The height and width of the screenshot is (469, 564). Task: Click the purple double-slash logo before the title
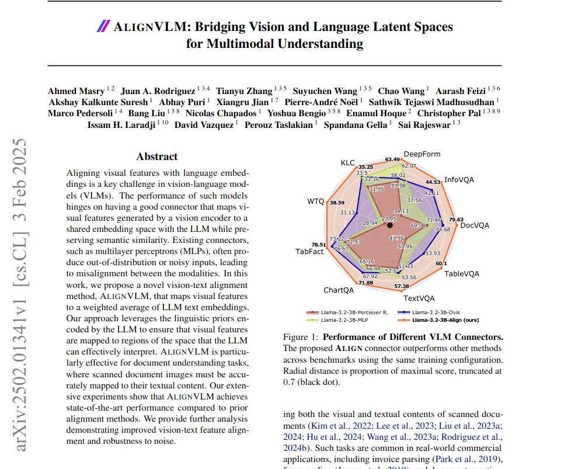click(x=103, y=26)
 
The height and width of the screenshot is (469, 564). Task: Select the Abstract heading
click(x=157, y=157)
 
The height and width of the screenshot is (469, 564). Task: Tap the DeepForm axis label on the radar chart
click(x=422, y=154)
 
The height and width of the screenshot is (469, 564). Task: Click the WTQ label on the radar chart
click(x=315, y=202)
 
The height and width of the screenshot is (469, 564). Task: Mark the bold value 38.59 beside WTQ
click(x=337, y=203)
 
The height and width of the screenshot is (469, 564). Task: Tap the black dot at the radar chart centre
click(x=390, y=225)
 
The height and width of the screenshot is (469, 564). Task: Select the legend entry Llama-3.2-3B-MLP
click(x=345, y=319)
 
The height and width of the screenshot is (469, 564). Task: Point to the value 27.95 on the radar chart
click(x=388, y=218)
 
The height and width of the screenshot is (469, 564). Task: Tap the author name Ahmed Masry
click(x=74, y=91)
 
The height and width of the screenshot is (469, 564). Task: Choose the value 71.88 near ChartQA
click(x=365, y=283)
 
